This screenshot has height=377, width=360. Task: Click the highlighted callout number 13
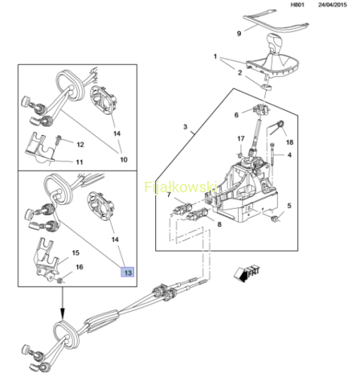point(127,272)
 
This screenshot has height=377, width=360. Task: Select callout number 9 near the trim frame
point(239,33)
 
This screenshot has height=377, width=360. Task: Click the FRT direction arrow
point(247,273)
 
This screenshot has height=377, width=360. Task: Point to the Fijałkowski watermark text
point(181,187)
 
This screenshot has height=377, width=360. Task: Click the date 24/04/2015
point(332,5)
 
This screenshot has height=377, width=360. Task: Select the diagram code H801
point(297,5)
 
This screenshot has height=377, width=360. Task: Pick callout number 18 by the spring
point(289,143)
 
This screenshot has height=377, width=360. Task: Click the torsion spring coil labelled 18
point(280,124)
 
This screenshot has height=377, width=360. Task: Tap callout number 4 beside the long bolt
point(289,155)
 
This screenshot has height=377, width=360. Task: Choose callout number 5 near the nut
point(289,206)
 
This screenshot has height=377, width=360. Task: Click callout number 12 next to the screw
point(80,145)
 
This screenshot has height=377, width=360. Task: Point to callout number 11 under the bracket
point(79,162)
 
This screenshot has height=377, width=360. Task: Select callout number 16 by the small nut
point(79,267)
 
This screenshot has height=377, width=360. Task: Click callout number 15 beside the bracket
point(75,253)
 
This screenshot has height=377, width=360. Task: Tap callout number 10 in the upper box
point(124,159)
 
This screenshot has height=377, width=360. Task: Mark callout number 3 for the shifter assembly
point(185,127)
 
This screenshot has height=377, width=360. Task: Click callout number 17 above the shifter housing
point(241,139)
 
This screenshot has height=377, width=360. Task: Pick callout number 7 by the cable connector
point(169,195)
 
